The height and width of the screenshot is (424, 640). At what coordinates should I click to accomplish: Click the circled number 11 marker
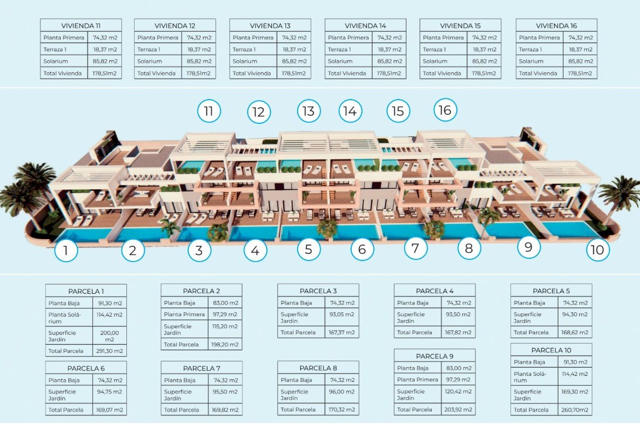click(x=209, y=111)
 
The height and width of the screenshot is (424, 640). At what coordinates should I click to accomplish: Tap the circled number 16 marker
click(x=445, y=110)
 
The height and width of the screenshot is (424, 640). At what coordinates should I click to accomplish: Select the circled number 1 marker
click(x=66, y=249)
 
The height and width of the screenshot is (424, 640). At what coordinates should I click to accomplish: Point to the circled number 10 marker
click(x=597, y=249)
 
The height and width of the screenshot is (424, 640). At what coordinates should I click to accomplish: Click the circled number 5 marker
click(x=309, y=249)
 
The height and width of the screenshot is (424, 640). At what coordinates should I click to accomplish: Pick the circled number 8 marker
click(x=469, y=248)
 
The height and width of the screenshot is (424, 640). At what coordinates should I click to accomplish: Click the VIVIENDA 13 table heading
click(x=270, y=26)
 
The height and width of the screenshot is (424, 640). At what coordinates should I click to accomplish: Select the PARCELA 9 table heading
click(x=434, y=356)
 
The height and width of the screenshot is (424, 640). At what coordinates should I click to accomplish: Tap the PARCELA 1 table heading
click(x=86, y=292)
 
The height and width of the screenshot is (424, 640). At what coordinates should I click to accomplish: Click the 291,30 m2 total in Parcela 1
click(x=109, y=351)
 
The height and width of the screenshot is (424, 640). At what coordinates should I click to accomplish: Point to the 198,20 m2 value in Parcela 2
click(x=225, y=345)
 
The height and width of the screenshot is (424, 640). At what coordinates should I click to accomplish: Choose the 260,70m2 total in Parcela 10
click(x=575, y=410)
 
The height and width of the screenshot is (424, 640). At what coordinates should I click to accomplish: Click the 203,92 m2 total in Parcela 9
click(x=458, y=409)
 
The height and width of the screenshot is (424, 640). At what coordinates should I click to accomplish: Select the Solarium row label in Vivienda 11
click(x=55, y=61)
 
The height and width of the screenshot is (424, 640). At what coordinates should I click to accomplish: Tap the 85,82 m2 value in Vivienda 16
click(x=580, y=61)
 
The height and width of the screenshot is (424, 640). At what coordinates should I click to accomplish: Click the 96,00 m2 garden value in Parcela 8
click(x=342, y=391)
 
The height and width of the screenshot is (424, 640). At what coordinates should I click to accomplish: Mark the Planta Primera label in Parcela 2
click(x=184, y=314)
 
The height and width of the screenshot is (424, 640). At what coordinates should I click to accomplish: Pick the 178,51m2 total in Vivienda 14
click(x=389, y=73)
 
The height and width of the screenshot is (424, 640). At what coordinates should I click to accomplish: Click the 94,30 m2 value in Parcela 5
click(x=575, y=314)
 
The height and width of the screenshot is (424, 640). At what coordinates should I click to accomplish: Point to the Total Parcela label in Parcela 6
click(x=66, y=410)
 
